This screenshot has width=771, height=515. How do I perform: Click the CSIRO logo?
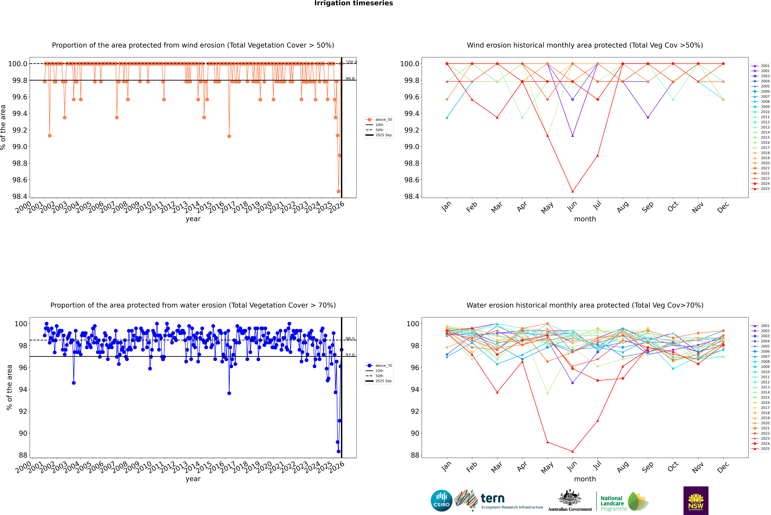[x=441, y=501]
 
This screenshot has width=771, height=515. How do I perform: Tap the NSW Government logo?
[x=696, y=501]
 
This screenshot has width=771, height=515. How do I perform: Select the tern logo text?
[x=492, y=499]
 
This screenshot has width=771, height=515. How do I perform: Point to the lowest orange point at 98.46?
[x=338, y=191]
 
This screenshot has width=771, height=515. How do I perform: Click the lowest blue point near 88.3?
[x=338, y=451]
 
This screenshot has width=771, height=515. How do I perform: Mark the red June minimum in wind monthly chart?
[x=572, y=191]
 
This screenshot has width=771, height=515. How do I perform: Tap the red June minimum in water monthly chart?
[x=572, y=451]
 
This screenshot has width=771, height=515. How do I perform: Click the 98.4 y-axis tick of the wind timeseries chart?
[x=20, y=196]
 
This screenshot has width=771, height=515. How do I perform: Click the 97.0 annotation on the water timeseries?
[x=350, y=355]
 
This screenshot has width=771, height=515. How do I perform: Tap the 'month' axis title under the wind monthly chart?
[x=585, y=219]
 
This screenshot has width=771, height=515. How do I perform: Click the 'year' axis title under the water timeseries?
[x=193, y=479]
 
